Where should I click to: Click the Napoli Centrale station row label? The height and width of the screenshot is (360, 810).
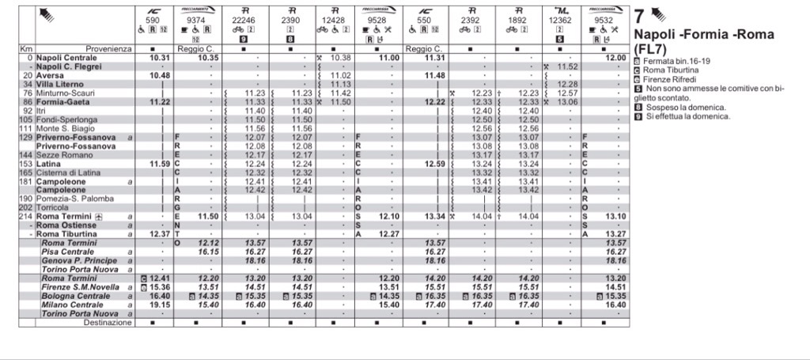pos(66,58)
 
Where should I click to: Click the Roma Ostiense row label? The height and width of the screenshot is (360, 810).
pos(67,225)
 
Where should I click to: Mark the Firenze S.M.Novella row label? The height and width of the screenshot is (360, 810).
pos(80,286)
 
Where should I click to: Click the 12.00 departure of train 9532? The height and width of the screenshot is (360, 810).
pos(615,58)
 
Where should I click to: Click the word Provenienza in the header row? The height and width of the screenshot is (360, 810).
pos(109,49)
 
